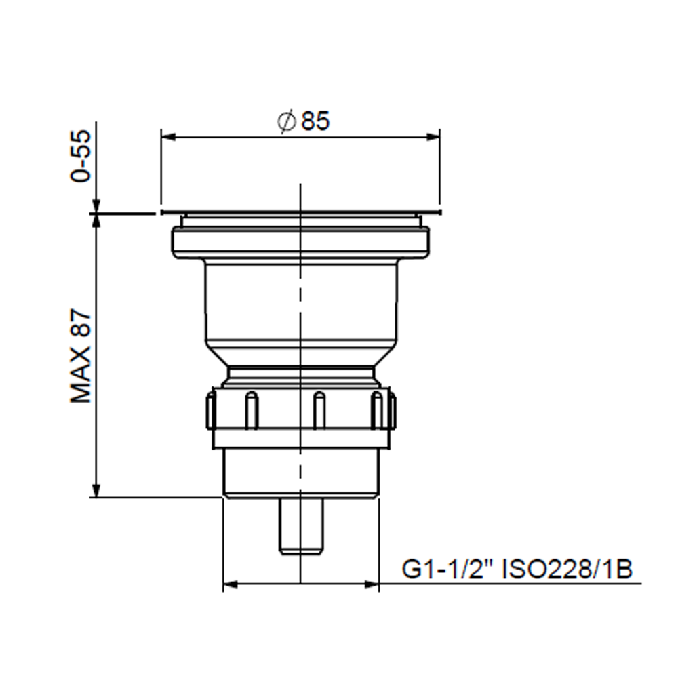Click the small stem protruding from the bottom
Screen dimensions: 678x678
(302, 526)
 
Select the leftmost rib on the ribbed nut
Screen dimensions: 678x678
(211, 411)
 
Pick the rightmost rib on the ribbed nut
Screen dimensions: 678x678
(391, 411)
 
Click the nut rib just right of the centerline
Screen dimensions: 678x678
(319, 411)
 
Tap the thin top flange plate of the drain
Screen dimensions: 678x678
(300, 212)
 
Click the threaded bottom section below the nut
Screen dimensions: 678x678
(302, 473)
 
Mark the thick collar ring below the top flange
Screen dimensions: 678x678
(300, 242)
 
